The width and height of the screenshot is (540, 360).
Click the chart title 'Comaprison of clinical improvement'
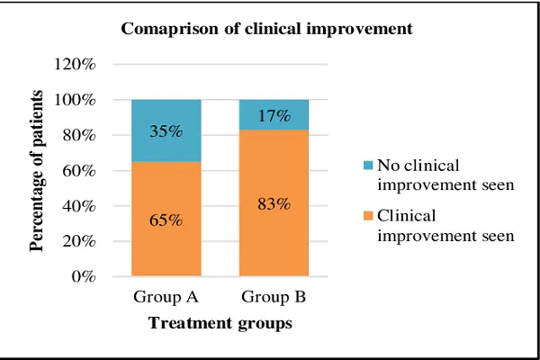(266, 29)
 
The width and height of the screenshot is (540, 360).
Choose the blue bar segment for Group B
(274, 114)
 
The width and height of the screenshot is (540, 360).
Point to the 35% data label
(166, 131)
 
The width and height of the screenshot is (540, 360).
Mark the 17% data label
(273, 115)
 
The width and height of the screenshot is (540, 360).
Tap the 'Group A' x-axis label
(166, 296)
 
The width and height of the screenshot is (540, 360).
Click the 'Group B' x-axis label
(274, 296)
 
